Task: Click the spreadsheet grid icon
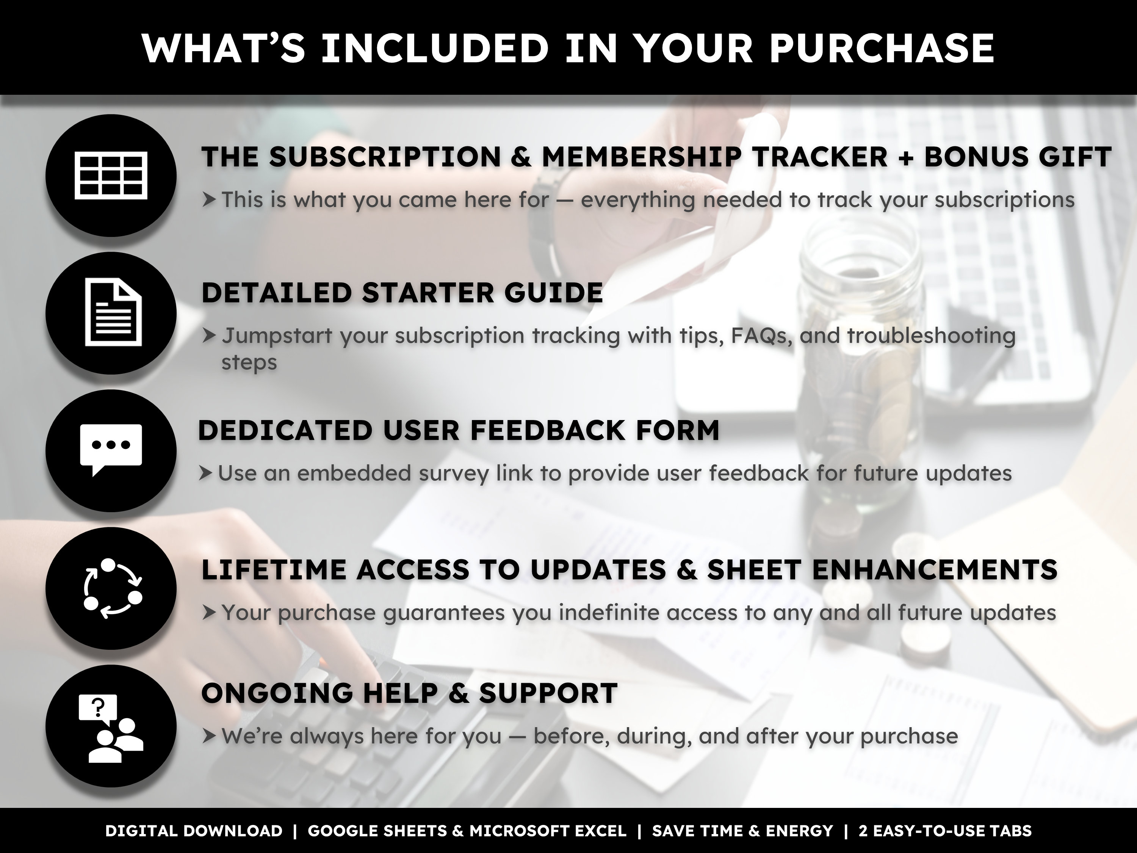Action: pos(111,175)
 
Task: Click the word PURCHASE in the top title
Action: pos(882,49)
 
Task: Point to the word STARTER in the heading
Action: pos(428,293)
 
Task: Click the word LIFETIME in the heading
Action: pos(274,570)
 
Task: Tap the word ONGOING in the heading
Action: pos(277,694)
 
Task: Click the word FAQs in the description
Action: pos(760,336)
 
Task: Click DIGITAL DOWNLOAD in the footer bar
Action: pos(194,831)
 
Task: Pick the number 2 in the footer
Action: pos(863,831)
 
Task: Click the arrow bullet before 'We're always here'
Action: pos(208,736)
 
